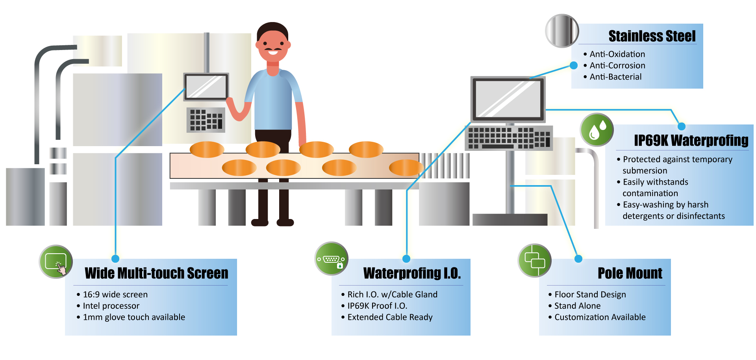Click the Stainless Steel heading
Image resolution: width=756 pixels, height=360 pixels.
point(652,36)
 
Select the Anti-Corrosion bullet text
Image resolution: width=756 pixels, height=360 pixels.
point(617,65)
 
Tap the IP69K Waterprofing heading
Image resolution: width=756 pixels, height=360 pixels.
point(691,140)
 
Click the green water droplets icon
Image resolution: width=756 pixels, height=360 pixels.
point(597,130)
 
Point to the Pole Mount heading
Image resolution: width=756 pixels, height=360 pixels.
point(630,273)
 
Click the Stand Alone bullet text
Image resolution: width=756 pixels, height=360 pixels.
point(577,306)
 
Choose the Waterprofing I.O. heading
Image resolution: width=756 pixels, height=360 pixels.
point(412,273)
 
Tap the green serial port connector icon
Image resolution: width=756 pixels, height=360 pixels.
point(332,259)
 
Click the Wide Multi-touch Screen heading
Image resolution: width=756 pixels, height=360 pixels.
point(156,273)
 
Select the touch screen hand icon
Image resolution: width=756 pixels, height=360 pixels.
point(56,262)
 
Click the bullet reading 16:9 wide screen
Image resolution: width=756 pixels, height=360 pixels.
point(115,294)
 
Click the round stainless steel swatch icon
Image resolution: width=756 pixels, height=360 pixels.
point(562,31)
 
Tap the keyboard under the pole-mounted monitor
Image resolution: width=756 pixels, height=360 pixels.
point(509,138)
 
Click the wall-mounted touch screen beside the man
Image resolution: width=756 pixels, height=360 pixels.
point(206,87)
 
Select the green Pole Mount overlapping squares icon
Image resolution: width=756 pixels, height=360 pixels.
point(534,260)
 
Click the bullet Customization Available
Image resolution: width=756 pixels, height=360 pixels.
point(600,317)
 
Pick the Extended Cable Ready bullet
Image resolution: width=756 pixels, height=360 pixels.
point(390,317)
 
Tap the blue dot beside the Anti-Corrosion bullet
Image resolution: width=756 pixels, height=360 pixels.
point(574,65)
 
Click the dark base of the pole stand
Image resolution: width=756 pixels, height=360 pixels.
point(510,219)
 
